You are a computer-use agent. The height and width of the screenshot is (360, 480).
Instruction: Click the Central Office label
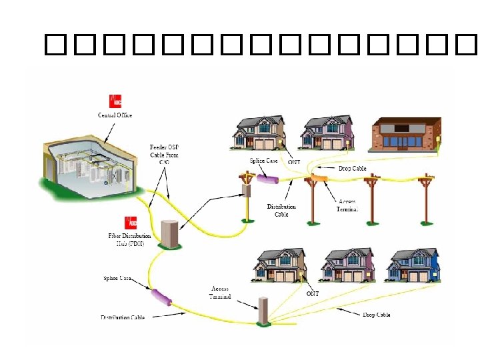tap(115, 115)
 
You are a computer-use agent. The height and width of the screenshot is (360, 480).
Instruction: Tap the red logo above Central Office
tap(116, 102)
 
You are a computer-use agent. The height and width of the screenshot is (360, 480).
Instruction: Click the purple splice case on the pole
tap(267, 179)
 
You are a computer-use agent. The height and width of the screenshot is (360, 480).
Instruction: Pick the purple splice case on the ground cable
tap(163, 297)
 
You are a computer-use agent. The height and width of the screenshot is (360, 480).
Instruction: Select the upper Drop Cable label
tap(352, 169)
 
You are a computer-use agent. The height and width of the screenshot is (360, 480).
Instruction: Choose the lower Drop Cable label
tap(377, 315)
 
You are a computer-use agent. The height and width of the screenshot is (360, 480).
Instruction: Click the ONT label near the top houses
tap(295, 161)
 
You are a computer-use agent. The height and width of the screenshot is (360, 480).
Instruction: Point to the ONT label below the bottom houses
tap(312, 293)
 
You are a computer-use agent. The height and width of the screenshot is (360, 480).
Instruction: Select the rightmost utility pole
tap(425, 200)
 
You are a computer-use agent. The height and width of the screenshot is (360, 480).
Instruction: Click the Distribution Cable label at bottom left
tap(123, 317)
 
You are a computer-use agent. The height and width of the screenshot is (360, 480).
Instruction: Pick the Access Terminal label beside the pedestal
tap(220, 293)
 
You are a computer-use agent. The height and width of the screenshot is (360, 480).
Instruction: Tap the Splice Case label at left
tap(117, 277)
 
